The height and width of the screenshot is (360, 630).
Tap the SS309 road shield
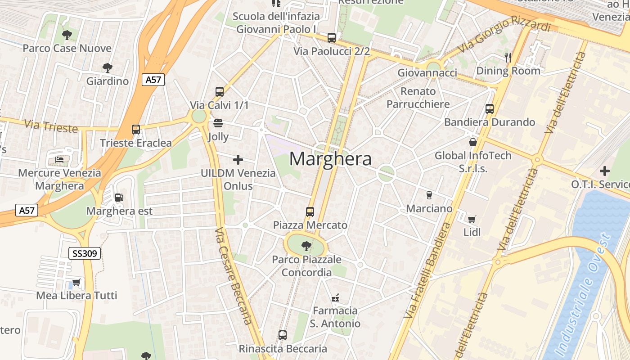click(x=84, y=253)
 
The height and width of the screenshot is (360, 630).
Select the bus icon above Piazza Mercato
click(x=310, y=211)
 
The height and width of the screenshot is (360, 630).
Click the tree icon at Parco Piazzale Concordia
click(x=306, y=246)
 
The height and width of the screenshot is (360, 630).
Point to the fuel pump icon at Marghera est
click(x=119, y=197)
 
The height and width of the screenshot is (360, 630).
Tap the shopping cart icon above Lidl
click(x=472, y=219)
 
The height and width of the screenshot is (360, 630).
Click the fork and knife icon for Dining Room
click(x=508, y=57)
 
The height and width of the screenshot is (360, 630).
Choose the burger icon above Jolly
click(x=218, y=123)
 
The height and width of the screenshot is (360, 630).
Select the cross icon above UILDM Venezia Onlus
click(x=238, y=159)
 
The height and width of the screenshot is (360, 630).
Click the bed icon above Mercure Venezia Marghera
click(x=59, y=159)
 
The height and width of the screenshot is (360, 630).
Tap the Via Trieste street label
click(x=51, y=126)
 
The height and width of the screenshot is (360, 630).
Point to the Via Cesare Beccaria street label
click(x=233, y=276)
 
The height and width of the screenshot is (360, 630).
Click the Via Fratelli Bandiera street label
click(x=427, y=270)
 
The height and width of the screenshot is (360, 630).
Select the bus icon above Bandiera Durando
click(x=489, y=108)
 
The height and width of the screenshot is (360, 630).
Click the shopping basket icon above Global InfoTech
click(x=472, y=142)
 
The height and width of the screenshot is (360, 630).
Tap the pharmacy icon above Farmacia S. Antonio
click(x=335, y=297)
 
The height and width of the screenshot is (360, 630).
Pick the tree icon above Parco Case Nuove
click(x=67, y=35)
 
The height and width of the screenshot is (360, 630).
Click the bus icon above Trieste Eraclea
click(x=136, y=130)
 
